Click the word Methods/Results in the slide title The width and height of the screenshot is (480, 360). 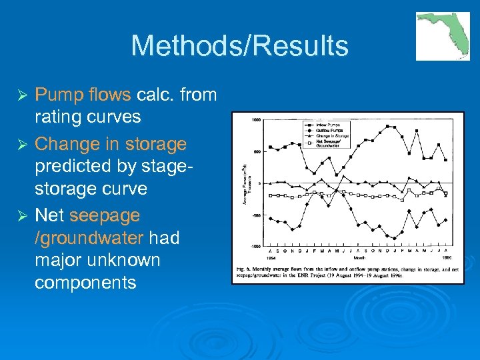239,46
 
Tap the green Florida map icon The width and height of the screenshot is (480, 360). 443,36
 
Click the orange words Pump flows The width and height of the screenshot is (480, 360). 82,95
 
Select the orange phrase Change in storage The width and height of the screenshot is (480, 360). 110,144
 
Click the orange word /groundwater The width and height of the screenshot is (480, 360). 89,238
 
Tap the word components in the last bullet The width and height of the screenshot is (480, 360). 85,283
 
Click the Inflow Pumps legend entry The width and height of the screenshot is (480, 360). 325,125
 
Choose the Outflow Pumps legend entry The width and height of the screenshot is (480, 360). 325,131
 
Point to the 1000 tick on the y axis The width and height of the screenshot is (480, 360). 256,120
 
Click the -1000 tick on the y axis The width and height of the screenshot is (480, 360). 255,246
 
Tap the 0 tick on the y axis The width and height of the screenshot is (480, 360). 259,183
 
